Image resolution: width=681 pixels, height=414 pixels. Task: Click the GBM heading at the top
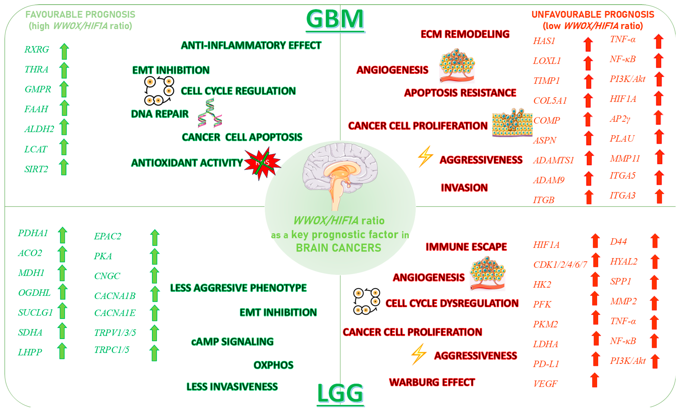click(x=335, y=19)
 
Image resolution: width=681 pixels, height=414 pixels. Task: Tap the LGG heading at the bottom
click(x=340, y=393)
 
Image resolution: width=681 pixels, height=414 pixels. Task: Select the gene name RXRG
click(x=37, y=49)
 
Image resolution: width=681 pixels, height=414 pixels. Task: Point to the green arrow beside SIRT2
click(x=64, y=167)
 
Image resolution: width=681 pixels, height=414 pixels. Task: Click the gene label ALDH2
click(x=39, y=129)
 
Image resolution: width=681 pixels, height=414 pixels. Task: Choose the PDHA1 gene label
click(x=33, y=233)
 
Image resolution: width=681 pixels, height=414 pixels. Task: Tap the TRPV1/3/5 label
click(x=115, y=333)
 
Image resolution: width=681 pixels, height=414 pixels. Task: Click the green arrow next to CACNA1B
click(x=155, y=294)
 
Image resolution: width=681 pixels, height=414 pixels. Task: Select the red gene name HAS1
click(x=544, y=41)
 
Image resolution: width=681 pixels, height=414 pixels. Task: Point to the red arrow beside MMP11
click(x=660, y=157)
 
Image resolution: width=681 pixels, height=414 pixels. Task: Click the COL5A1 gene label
click(x=550, y=101)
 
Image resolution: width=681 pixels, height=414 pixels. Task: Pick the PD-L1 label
click(x=546, y=364)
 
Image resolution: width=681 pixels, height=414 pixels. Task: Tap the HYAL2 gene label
click(x=624, y=262)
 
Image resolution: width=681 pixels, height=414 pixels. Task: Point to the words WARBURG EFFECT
click(x=432, y=382)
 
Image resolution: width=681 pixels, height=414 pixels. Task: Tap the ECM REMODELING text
click(x=465, y=34)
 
